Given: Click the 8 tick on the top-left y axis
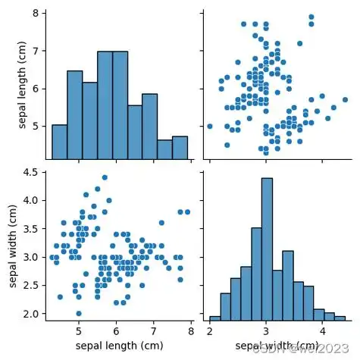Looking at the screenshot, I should tap(36, 14).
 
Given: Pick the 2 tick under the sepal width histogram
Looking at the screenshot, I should tap(210, 331).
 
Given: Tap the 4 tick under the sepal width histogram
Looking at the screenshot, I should tap(322, 331).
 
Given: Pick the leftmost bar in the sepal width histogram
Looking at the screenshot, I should tap(214, 318).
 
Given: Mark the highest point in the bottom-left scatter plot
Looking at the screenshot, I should tap(105, 177).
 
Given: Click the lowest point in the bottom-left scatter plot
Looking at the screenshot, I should tap(79, 313).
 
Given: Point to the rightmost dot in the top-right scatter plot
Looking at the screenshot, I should tap(345, 99).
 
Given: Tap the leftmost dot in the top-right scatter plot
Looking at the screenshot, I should tap(210, 126).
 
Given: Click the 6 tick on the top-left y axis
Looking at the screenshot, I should tap(36, 89).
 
